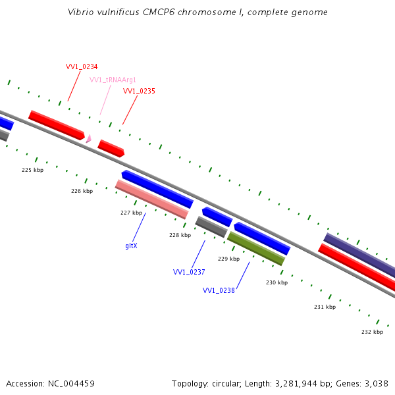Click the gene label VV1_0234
[82, 67]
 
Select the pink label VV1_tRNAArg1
[113, 80]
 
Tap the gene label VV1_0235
[139, 91]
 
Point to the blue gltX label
[131, 246]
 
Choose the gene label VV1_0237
[189, 272]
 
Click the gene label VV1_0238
[219, 290]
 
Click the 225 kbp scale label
[32, 170]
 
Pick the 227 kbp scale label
[131, 213]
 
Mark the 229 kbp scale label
[228, 259]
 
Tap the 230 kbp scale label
[276, 282]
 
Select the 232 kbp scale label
[372, 332]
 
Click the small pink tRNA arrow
[88, 139]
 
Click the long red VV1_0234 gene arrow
[57, 125]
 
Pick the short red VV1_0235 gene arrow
[111, 148]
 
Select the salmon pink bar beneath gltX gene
[151, 199]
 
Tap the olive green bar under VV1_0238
[255, 249]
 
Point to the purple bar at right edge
[359, 255]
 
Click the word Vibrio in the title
[80, 13]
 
